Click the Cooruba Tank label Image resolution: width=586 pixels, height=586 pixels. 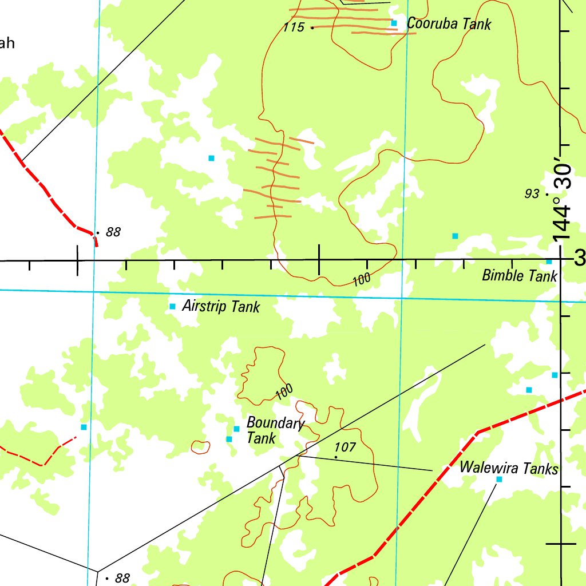[449, 24]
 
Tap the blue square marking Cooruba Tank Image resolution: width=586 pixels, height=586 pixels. [394, 23]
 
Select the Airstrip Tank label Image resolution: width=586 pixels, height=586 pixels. [221, 307]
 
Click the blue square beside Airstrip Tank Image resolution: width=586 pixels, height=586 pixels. [172, 307]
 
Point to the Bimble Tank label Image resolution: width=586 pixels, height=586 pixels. [519, 276]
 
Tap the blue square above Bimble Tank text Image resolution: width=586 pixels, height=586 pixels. [549, 262]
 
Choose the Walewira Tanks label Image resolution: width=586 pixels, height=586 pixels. [509, 469]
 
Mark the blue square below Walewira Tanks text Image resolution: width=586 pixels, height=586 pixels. [498, 479]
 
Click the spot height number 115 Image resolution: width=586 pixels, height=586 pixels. [294, 27]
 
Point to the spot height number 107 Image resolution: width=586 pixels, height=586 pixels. [346, 448]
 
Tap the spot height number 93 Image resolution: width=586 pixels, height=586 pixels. [532, 194]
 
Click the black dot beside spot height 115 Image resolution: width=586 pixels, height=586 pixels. [312, 27]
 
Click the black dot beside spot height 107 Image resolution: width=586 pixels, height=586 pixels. [335, 457]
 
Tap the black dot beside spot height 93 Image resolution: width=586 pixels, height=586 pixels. [548, 195]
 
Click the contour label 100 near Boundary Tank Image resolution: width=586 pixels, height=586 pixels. [284, 391]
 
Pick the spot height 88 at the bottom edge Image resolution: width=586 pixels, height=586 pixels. [122, 578]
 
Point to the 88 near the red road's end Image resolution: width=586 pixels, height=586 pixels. [113, 232]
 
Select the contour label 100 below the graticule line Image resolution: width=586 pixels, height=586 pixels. [362, 280]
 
